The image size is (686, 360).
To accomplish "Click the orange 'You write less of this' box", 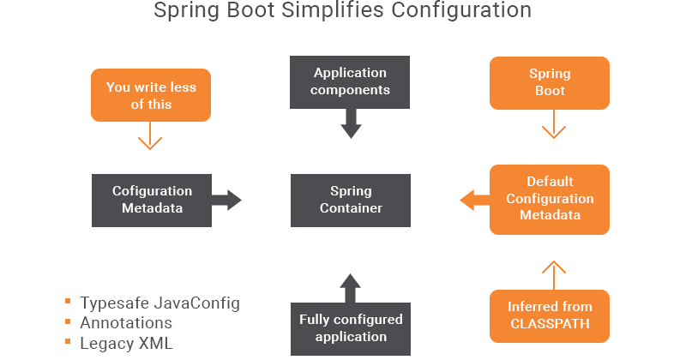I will point(151,96).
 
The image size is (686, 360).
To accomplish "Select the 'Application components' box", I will point(350,81).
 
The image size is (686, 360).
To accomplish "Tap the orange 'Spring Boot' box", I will point(549,82).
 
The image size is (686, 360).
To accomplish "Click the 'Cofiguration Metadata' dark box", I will point(152,200).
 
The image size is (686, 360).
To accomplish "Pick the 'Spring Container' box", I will point(350,200).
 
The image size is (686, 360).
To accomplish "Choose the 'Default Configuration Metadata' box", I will point(549,199).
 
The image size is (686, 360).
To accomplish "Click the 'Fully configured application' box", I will point(350,327).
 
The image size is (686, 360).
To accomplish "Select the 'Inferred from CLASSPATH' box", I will point(549,315).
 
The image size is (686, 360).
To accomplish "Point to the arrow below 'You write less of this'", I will point(151,135).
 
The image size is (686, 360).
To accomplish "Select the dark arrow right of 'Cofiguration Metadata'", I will point(226,200).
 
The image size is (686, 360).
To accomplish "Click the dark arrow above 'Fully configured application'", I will point(350,288).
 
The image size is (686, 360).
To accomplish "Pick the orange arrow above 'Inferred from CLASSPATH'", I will point(553,274).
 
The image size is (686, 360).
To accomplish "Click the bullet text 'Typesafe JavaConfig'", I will point(159,303).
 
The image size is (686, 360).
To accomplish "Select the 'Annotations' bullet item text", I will point(126,323).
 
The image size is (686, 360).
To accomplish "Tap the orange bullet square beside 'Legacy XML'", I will point(68,343).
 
